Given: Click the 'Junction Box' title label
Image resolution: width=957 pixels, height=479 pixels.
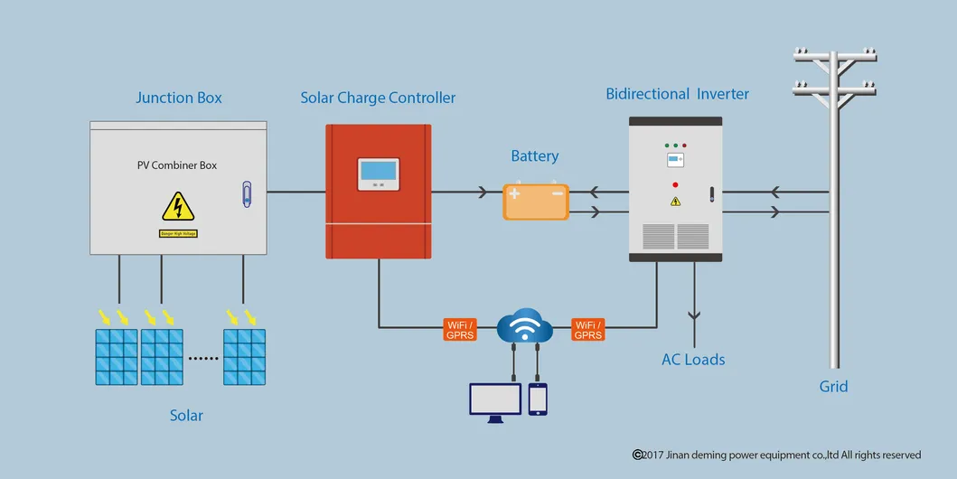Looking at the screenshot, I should click(179, 98).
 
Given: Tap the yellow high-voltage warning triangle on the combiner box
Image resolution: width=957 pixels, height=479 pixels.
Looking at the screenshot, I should click(178, 207).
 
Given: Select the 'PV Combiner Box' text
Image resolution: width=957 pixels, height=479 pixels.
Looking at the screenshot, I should click(177, 165).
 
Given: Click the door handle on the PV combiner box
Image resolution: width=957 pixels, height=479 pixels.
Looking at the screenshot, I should click(247, 193).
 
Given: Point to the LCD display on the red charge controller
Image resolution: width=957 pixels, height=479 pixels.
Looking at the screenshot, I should click(378, 171).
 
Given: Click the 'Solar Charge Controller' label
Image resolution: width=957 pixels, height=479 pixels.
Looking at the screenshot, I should click(378, 98).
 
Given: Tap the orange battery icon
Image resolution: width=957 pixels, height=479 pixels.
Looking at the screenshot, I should click(536, 202).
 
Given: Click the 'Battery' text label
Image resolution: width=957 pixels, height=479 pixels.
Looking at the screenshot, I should click(535, 156).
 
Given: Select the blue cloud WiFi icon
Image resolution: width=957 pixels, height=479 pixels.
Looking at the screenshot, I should click(525, 325).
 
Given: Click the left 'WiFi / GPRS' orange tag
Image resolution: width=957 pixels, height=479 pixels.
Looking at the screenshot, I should click(461, 330).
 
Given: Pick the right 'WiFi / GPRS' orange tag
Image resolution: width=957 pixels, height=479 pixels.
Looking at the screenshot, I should click(588, 330).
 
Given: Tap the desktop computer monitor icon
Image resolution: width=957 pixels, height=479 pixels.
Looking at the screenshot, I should click(495, 400).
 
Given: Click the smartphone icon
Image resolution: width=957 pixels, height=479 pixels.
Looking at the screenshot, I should click(539, 399).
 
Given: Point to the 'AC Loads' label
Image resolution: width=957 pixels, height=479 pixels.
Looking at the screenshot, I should click(693, 360).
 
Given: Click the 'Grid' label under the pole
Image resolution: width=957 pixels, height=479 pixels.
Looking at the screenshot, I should click(833, 387).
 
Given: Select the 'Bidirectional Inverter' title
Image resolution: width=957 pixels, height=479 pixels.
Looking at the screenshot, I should click(677, 94).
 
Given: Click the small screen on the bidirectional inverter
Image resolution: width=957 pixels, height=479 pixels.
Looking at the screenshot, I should click(675, 160).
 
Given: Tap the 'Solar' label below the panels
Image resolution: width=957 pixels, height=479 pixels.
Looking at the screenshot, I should click(186, 416).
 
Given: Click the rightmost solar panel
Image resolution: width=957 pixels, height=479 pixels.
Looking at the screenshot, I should click(245, 356).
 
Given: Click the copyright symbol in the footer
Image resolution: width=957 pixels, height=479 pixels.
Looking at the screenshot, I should click(637, 455).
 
